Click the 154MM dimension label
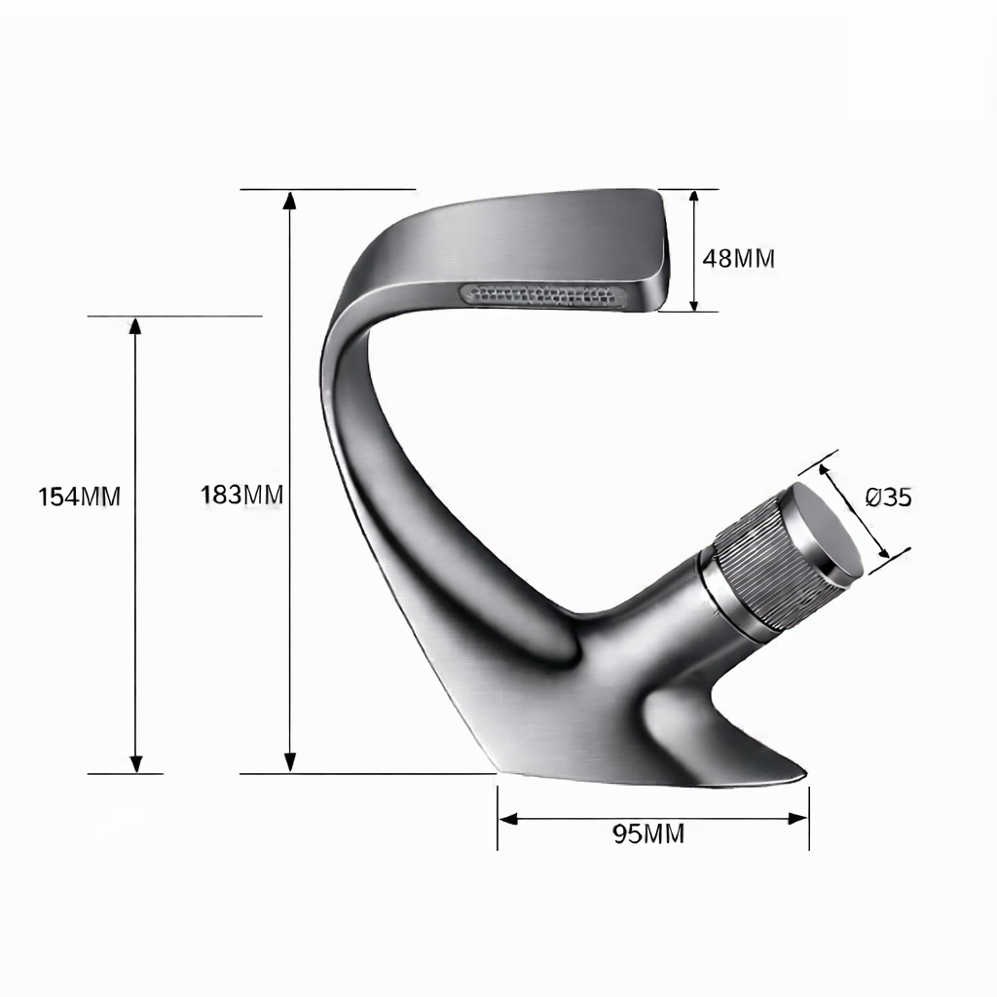[80, 497]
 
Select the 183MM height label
[242, 495]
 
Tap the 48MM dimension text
[739, 258]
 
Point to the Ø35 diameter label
[889, 498]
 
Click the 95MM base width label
[648, 833]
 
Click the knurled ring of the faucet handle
[763, 565]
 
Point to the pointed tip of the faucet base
[800, 776]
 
